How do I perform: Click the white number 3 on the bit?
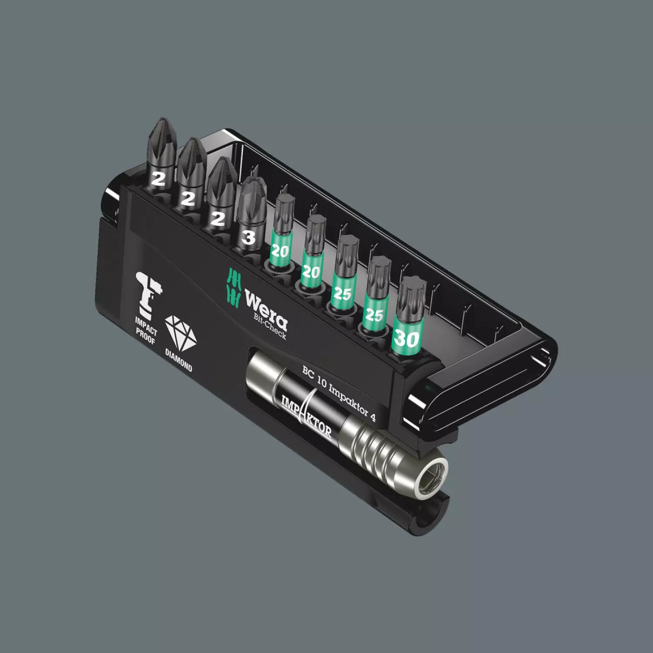249,238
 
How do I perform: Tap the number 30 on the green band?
407,338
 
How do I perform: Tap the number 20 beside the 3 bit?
280,252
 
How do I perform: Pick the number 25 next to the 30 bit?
374,315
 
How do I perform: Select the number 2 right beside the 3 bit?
216,219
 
